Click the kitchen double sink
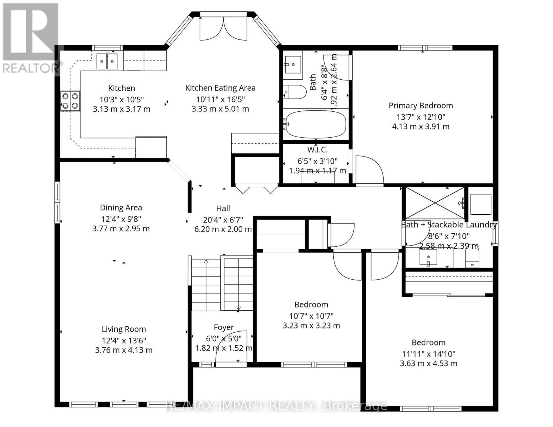(107, 62)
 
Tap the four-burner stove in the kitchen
(70, 101)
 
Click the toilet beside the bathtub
(295, 92)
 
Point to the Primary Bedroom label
(421, 106)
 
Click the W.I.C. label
(317, 150)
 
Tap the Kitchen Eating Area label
(220, 88)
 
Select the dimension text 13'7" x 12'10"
(421, 117)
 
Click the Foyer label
(223, 327)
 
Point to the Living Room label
(123, 329)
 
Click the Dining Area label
(121, 207)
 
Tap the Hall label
(223, 209)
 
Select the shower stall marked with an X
(435, 203)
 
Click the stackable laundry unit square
(481, 204)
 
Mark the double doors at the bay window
(223, 28)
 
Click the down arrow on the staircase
(238, 308)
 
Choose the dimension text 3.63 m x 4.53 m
(428, 364)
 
